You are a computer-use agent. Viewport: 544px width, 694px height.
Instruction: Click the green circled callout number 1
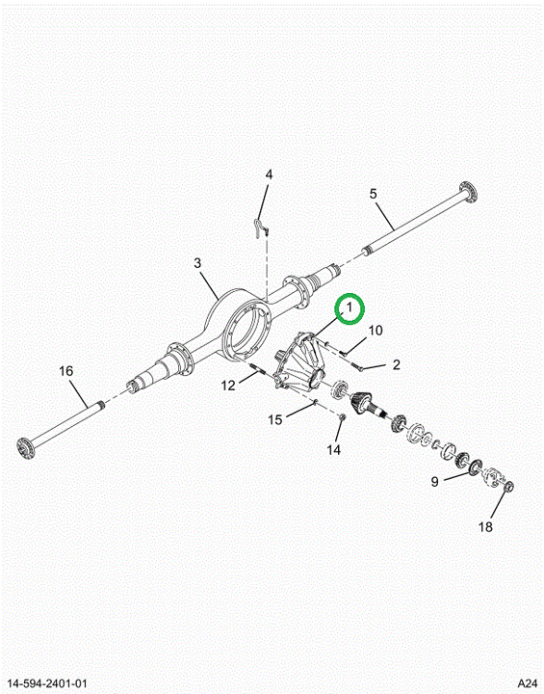pos(350,307)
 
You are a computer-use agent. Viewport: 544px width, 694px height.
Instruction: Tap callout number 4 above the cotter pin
pos(269,174)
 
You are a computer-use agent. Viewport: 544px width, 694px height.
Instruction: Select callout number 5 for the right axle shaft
pos(374,194)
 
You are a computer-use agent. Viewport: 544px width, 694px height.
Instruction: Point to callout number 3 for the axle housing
pos(197,263)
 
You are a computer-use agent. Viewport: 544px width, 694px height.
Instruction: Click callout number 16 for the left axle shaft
pos(66,370)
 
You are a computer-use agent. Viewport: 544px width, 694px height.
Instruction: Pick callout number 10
pos(376,331)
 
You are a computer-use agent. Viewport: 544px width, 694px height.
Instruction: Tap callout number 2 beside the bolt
pos(397,364)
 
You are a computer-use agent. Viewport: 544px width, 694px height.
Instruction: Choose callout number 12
pos(228,386)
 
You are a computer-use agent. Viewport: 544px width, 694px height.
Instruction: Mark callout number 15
pos(275,419)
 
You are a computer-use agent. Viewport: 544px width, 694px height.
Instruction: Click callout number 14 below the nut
pos(334,450)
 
